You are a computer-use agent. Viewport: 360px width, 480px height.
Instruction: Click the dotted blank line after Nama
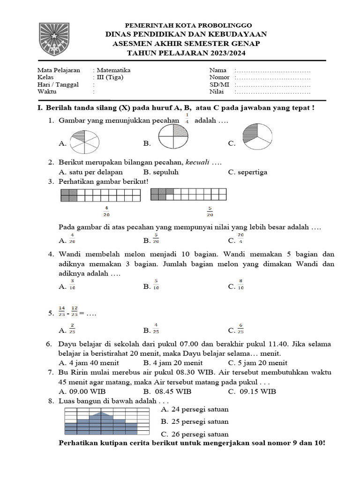click(272, 70)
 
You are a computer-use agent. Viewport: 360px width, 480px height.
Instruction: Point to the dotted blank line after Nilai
click(272, 93)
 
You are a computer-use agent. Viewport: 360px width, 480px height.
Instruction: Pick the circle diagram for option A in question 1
click(84, 141)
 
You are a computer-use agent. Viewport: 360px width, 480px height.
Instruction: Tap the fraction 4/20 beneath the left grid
click(106, 211)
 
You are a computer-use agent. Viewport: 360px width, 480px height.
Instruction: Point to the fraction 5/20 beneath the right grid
click(210, 211)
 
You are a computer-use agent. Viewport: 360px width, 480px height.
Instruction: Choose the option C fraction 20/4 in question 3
click(240, 239)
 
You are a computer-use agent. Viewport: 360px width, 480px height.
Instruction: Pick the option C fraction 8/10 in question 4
click(240, 285)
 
